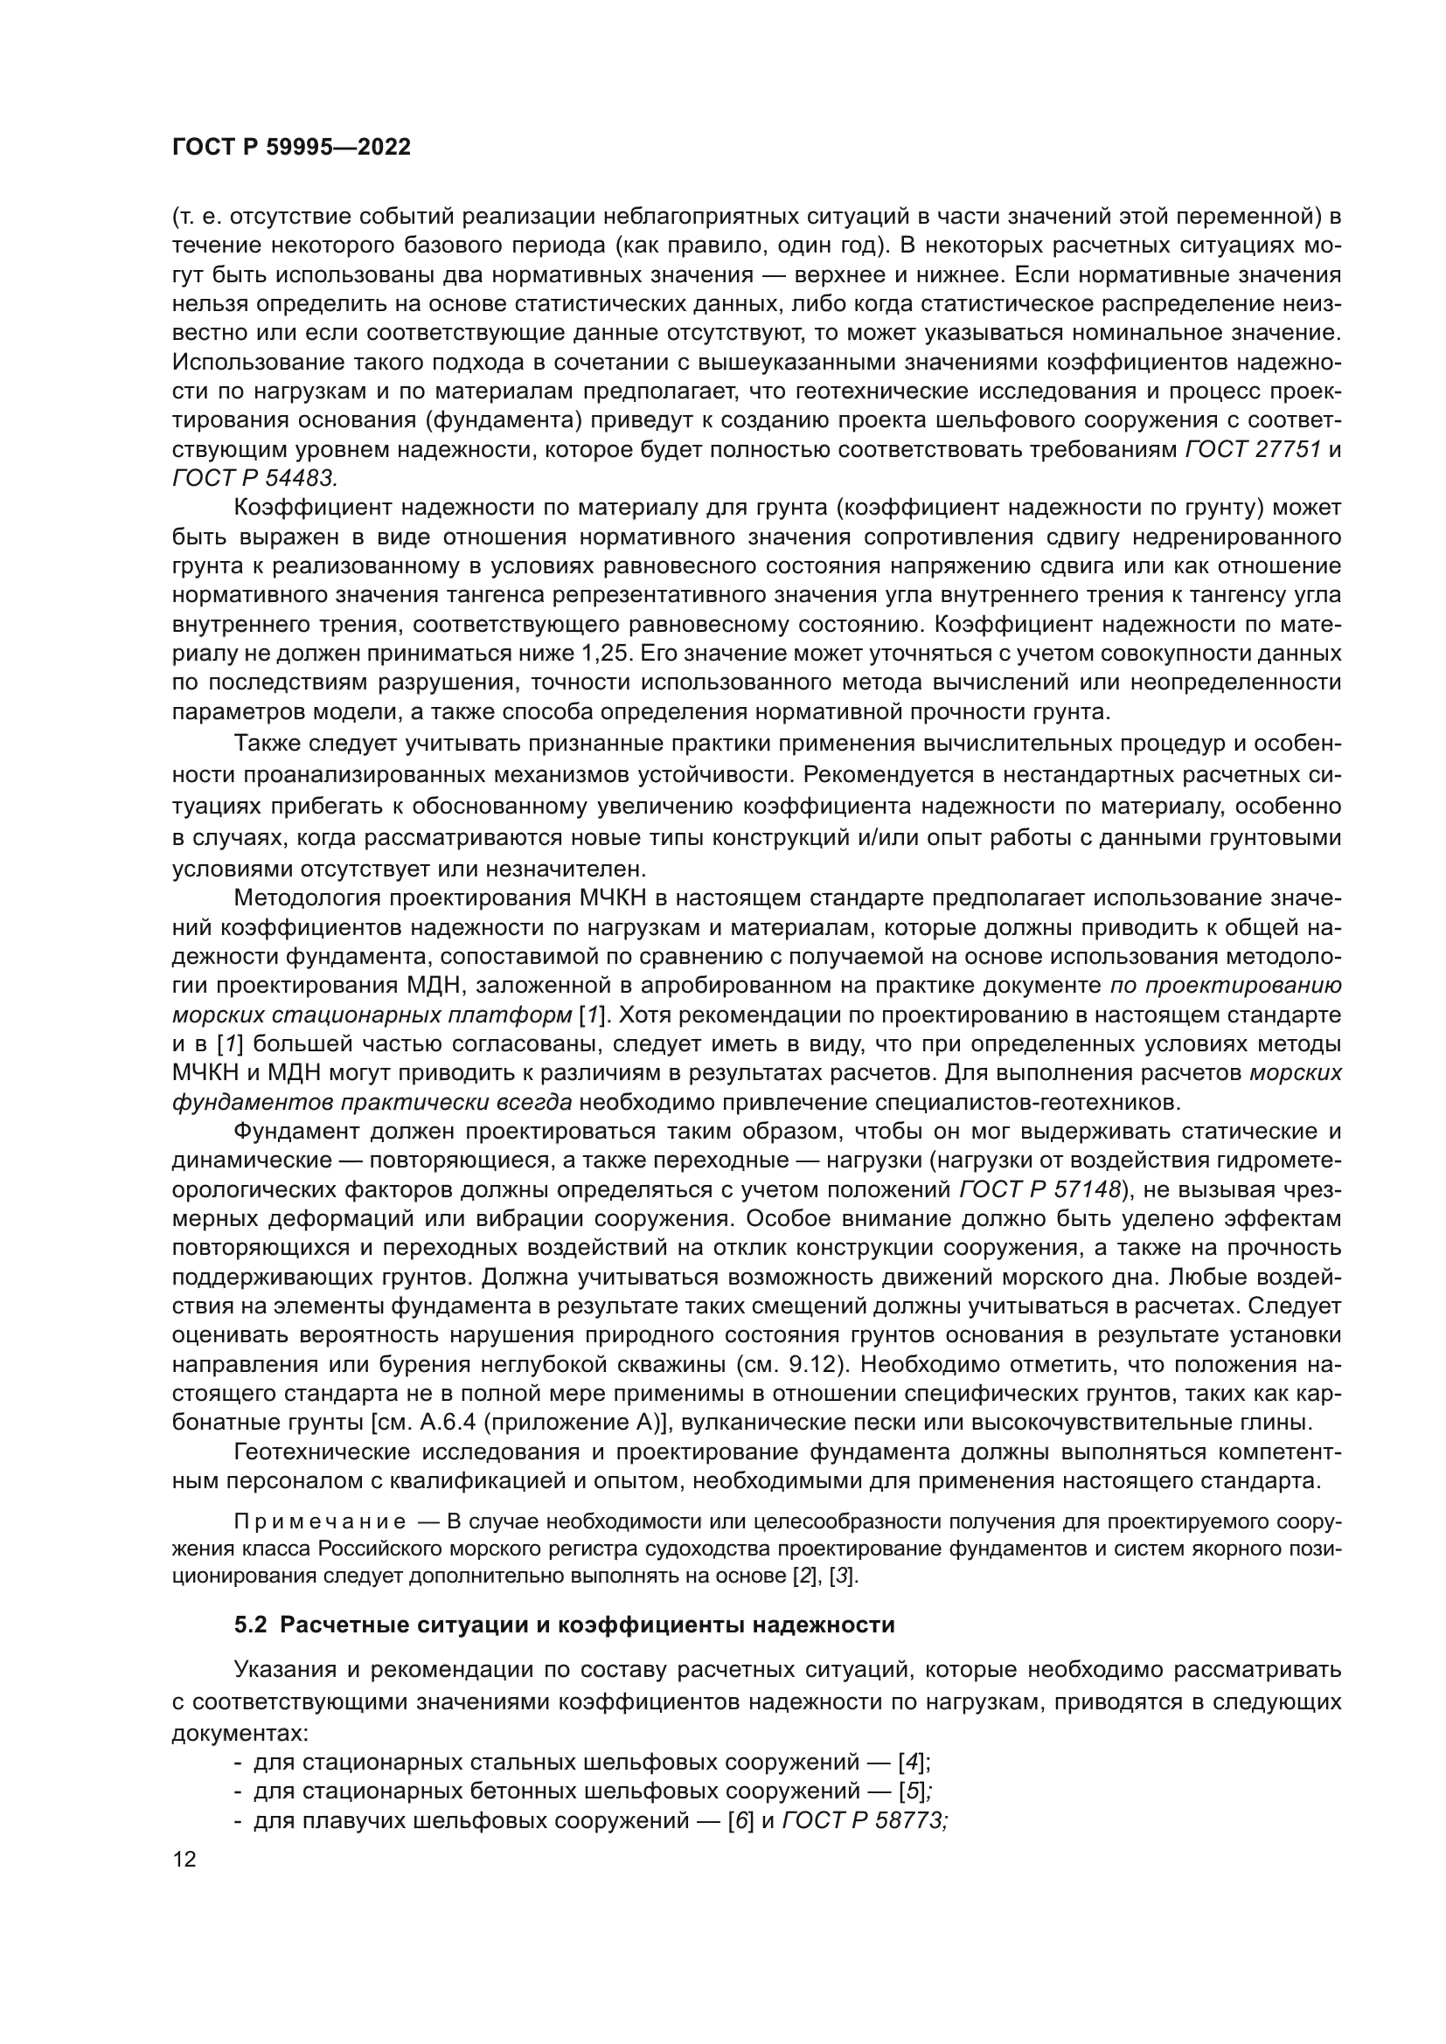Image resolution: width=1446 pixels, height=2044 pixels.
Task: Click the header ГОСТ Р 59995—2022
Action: [291, 148]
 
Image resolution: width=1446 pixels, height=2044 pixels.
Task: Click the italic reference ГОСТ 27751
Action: [1253, 450]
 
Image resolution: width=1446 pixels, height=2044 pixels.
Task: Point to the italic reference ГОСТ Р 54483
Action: [254, 479]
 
